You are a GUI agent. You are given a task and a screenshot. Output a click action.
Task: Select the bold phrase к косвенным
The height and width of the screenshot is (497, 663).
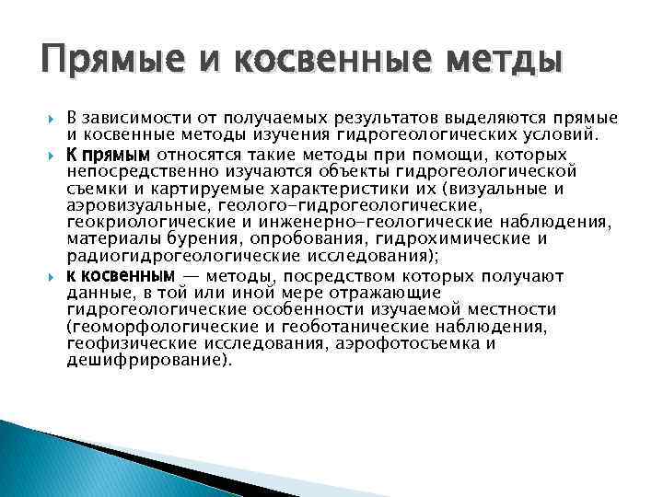pyautogui.click(x=120, y=275)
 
